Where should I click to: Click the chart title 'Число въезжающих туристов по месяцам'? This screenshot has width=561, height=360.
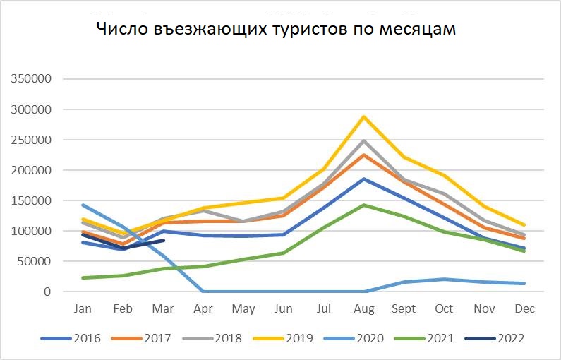point(277,30)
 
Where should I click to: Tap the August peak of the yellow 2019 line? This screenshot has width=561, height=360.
point(365,116)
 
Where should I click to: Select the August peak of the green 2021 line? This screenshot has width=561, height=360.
point(365,205)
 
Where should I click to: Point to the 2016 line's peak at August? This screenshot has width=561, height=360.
point(365,179)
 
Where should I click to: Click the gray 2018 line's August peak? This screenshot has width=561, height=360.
point(365,141)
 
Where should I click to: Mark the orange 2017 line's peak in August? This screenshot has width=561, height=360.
point(365,155)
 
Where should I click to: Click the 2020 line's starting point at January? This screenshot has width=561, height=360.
point(83,205)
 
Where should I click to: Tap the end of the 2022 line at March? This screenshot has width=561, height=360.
point(164,240)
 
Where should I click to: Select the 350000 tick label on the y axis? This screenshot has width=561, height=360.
point(32,79)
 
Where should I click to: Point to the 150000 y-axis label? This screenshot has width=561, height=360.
point(32,200)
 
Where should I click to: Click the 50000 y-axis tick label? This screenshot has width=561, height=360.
point(35,261)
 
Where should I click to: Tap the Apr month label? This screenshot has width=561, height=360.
point(204,309)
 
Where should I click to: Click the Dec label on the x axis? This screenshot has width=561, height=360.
point(525,309)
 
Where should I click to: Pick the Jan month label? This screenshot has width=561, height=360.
point(83,309)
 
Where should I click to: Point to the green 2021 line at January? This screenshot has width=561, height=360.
point(83,277)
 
